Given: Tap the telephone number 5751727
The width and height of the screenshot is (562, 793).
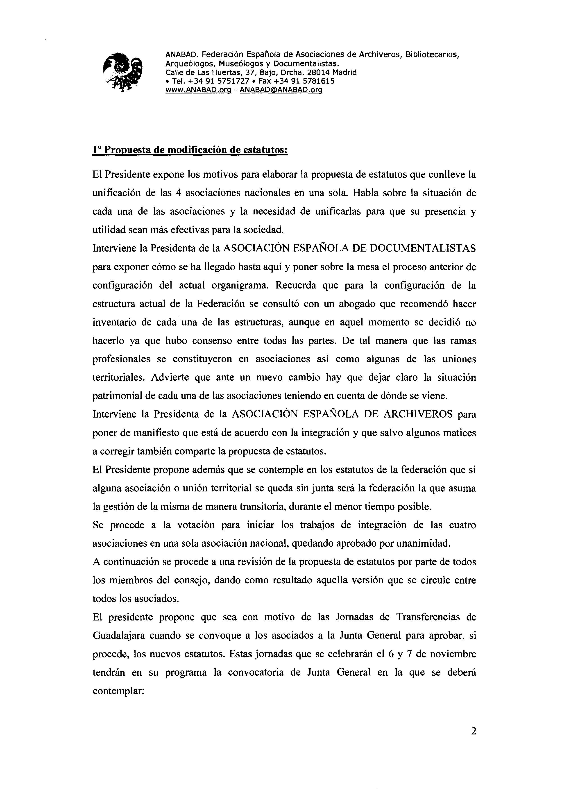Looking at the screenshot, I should click(233, 81).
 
